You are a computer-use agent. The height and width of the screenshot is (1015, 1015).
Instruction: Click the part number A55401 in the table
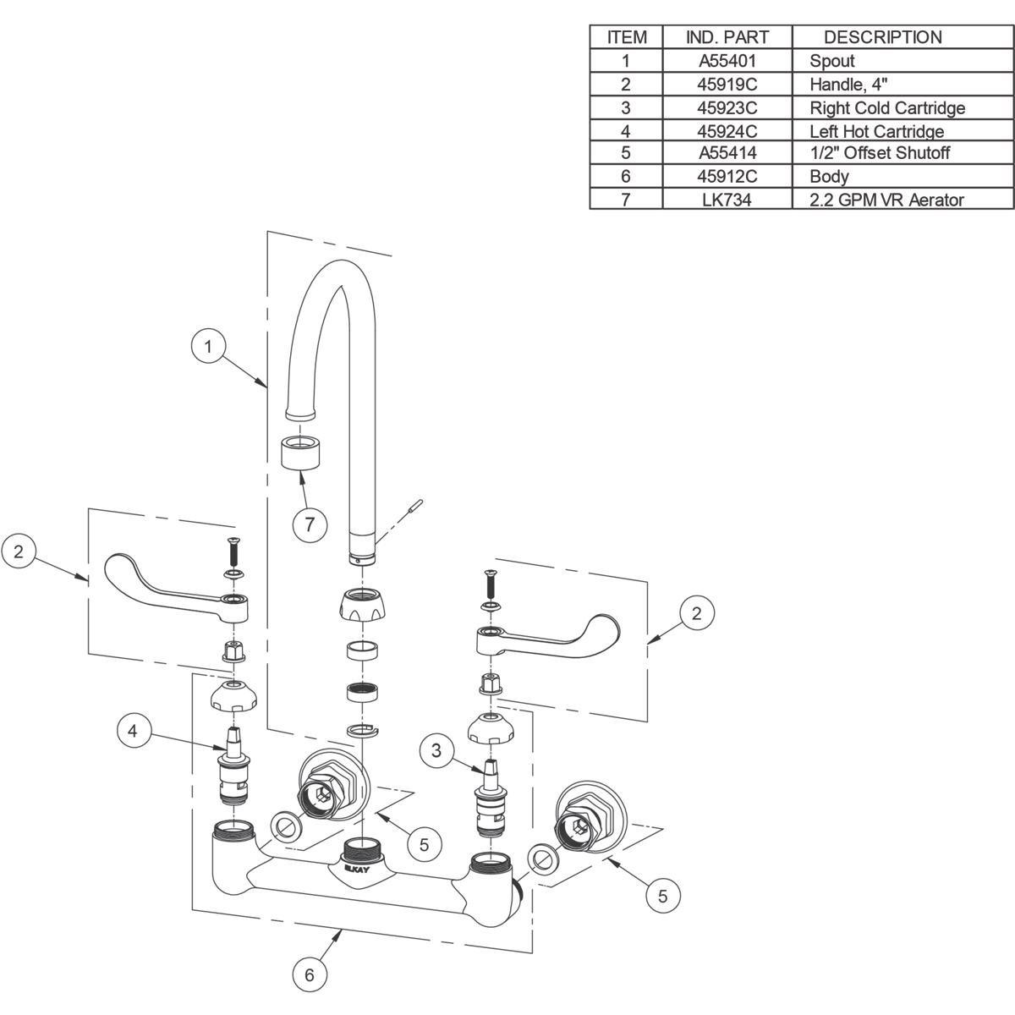pos(727,61)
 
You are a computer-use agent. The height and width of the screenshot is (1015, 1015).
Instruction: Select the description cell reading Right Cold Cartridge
pos(887,108)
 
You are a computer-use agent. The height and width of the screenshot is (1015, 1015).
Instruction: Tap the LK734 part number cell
pos(727,200)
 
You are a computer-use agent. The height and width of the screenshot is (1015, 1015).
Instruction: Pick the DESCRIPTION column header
pos(883,37)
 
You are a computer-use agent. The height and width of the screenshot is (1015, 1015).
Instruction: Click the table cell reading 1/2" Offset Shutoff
pos(880,153)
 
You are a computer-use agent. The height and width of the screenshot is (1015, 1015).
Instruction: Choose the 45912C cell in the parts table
pos(727,176)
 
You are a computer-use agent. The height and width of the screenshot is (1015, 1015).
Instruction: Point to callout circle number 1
pos(208,347)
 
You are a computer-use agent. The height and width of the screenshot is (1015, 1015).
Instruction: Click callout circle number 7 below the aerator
pos(310,524)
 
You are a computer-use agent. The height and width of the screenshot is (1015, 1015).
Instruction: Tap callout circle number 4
pos(133,731)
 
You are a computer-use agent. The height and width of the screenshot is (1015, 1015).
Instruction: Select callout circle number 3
pos(436,750)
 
